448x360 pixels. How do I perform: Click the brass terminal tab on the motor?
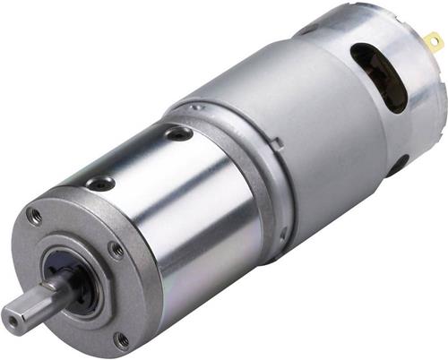(x=435, y=40)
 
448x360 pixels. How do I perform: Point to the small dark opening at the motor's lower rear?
(x=396, y=165)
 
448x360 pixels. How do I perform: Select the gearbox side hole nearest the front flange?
(x=99, y=183)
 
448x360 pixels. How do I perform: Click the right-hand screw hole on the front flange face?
(x=116, y=250)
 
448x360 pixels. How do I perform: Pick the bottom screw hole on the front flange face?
(x=121, y=340)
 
